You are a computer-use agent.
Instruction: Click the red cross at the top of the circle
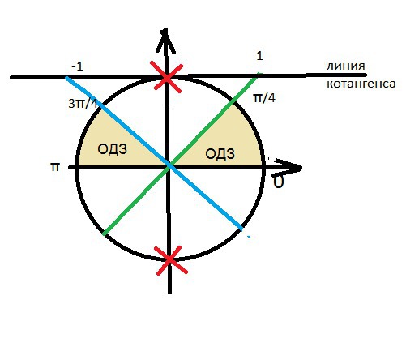click(x=167, y=78)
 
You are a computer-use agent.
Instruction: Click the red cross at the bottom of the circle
click(x=170, y=259)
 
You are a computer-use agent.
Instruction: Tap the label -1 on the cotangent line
click(x=77, y=66)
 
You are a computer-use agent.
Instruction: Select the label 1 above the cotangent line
click(x=259, y=56)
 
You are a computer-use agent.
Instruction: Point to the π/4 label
click(x=264, y=98)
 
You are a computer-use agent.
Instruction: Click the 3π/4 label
click(x=83, y=104)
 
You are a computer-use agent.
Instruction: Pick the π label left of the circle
click(x=55, y=167)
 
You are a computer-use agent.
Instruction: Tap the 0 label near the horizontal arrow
click(x=279, y=182)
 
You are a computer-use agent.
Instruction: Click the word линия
click(x=346, y=66)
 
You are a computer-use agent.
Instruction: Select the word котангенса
click(x=361, y=84)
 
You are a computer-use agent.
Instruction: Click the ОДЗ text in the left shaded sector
click(x=113, y=149)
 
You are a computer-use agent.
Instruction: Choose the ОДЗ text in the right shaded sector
click(x=220, y=154)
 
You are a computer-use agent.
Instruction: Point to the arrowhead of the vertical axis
click(x=165, y=30)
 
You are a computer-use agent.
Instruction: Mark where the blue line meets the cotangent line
click(x=66, y=78)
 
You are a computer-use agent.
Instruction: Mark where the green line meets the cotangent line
click(x=258, y=75)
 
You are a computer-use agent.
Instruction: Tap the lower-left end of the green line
click(x=105, y=234)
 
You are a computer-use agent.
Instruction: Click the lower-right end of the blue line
click(x=241, y=229)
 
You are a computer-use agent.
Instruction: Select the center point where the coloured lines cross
click(x=169, y=165)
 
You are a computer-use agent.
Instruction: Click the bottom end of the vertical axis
click(x=169, y=293)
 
